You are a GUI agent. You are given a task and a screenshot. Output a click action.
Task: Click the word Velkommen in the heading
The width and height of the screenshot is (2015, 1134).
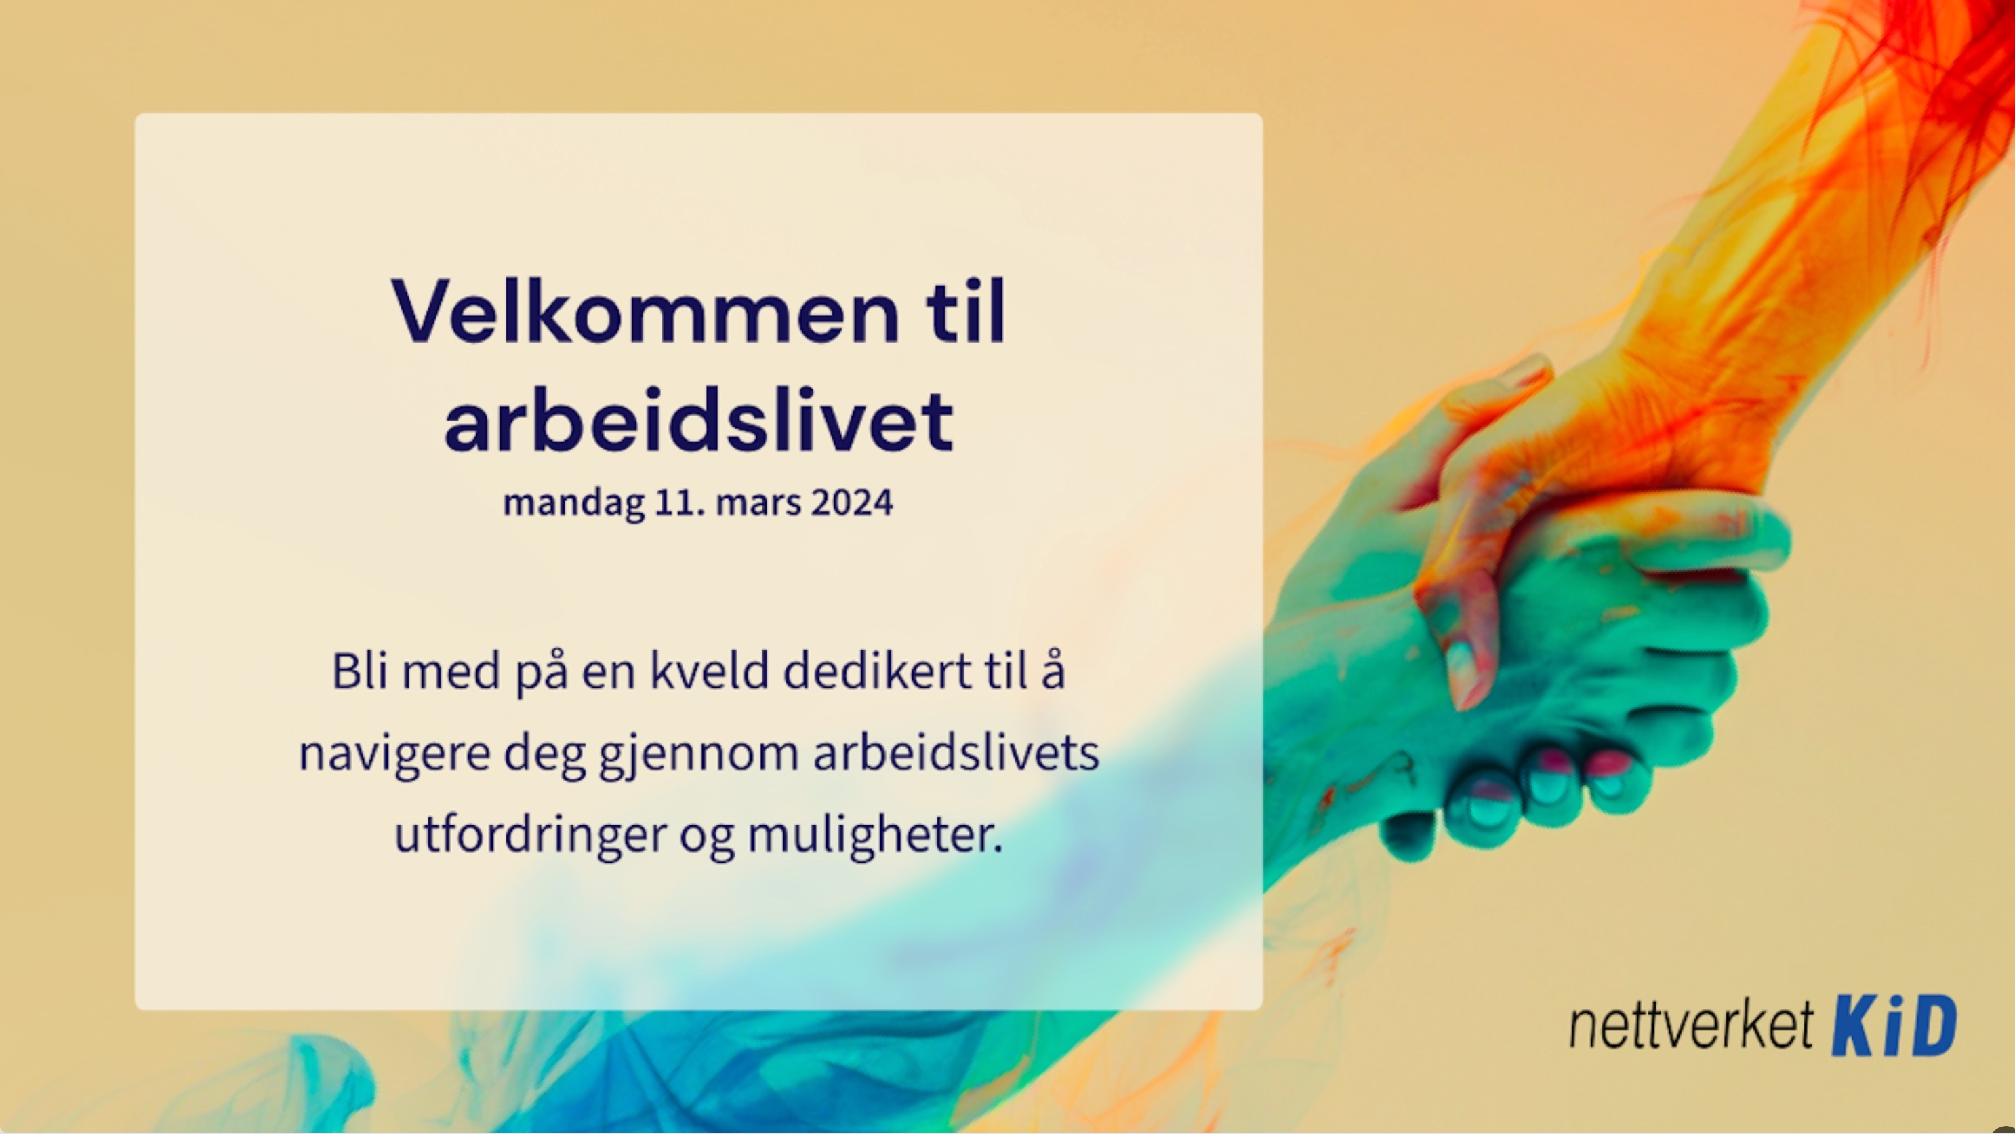coord(645,311)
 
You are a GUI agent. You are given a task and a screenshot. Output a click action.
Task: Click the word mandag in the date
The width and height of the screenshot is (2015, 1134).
coord(573,503)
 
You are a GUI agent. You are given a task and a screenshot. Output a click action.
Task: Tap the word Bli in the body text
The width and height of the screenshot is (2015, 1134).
coord(360,671)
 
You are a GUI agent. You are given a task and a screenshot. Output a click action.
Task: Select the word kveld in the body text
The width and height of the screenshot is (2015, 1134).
coord(710,671)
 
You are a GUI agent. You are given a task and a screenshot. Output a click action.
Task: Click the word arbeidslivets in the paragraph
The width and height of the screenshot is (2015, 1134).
coord(956,752)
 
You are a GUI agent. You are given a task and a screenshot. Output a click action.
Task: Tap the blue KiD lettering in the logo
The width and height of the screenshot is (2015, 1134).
coord(1894,1024)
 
